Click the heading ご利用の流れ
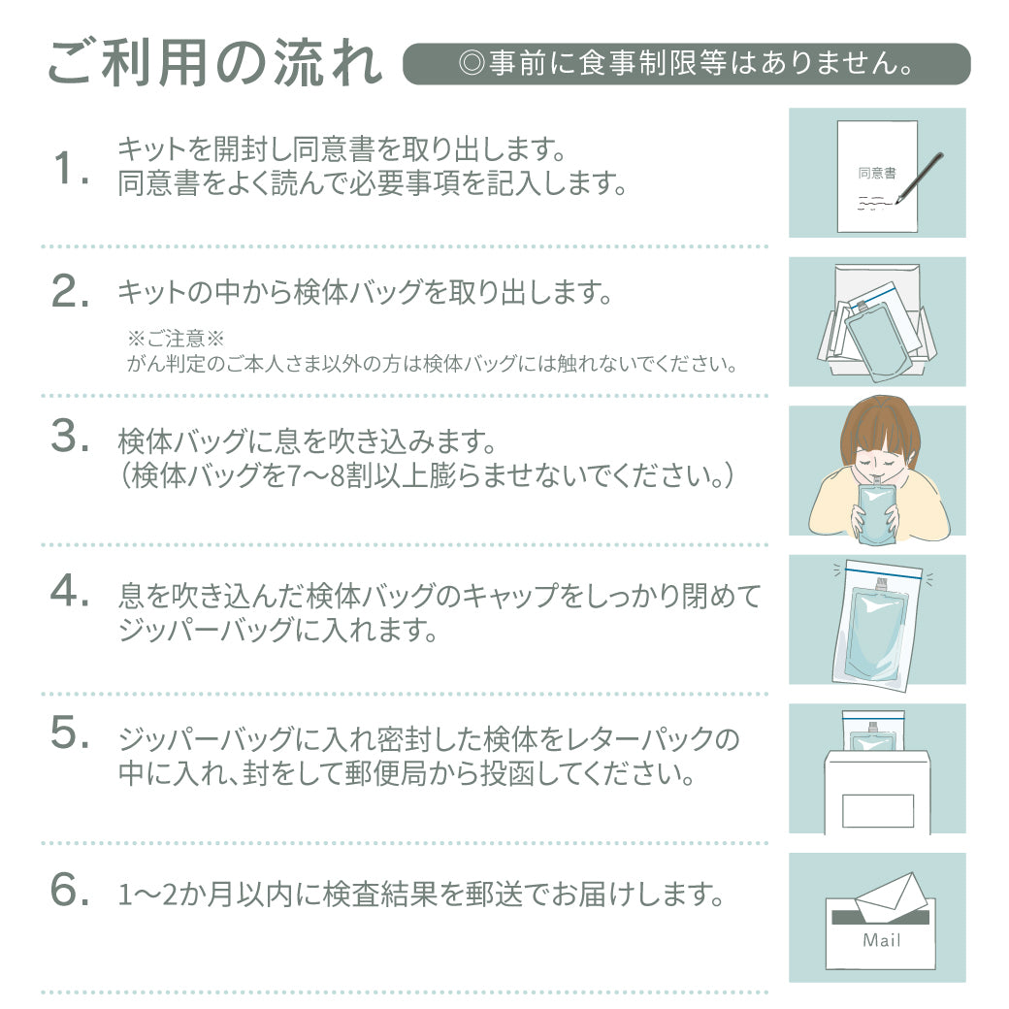[215, 63]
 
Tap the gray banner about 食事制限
[686, 64]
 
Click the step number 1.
[71, 168]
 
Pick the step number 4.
[70, 590]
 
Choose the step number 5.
[70, 732]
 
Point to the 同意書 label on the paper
[876, 173]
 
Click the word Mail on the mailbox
[881, 940]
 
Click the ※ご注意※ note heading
[175, 339]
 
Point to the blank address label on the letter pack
[878, 811]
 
